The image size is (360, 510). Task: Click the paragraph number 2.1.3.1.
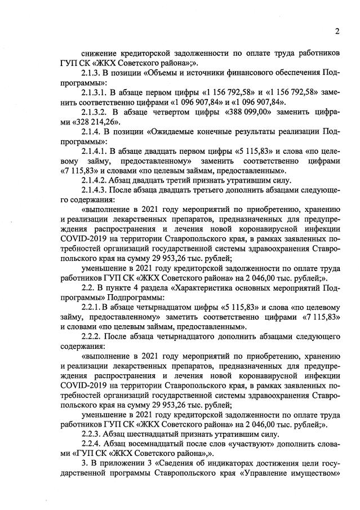point(97,92)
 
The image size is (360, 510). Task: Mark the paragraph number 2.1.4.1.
point(97,152)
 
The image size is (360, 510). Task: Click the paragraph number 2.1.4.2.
point(97,181)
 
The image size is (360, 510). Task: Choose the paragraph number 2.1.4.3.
point(97,192)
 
